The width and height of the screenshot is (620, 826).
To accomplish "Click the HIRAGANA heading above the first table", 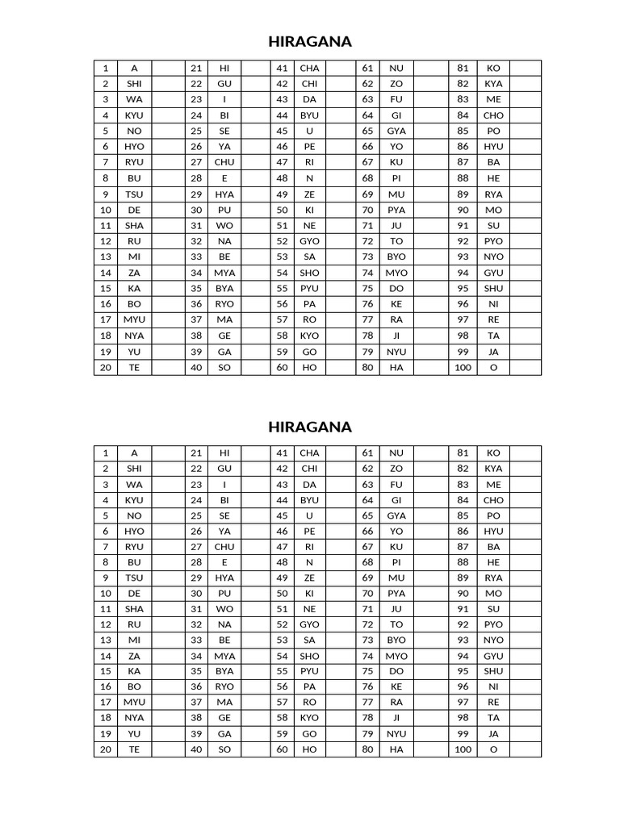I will [x=310, y=42].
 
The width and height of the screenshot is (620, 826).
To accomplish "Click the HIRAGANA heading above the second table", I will [x=310, y=427].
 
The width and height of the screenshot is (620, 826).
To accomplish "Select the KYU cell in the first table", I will [x=134, y=115].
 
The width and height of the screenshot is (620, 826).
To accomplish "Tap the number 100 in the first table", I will [x=463, y=367].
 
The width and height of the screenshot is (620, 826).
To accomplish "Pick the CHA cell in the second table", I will [x=309, y=453].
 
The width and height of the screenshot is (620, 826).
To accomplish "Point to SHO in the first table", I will [x=309, y=273].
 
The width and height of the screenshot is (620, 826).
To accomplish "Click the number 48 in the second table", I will [x=282, y=562].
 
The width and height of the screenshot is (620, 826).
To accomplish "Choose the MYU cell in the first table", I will [x=134, y=320].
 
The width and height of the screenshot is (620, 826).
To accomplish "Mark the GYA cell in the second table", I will [x=396, y=515].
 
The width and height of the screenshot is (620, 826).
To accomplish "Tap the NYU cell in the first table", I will [x=396, y=352].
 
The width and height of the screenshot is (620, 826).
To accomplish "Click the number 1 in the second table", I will [x=106, y=453].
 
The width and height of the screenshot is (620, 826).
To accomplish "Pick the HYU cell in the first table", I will [x=493, y=147].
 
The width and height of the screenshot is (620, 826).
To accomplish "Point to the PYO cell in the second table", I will [x=493, y=624].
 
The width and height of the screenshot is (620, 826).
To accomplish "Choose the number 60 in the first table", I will [x=282, y=367].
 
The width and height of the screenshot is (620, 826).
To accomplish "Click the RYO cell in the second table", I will [x=224, y=687].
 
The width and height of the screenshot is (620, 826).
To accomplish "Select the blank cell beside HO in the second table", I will [x=339, y=750].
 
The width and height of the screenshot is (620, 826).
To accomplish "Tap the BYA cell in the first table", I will [x=224, y=289].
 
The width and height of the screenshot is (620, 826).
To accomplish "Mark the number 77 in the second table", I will [x=368, y=703].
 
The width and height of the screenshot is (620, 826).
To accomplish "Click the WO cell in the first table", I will [x=224, y=226].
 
